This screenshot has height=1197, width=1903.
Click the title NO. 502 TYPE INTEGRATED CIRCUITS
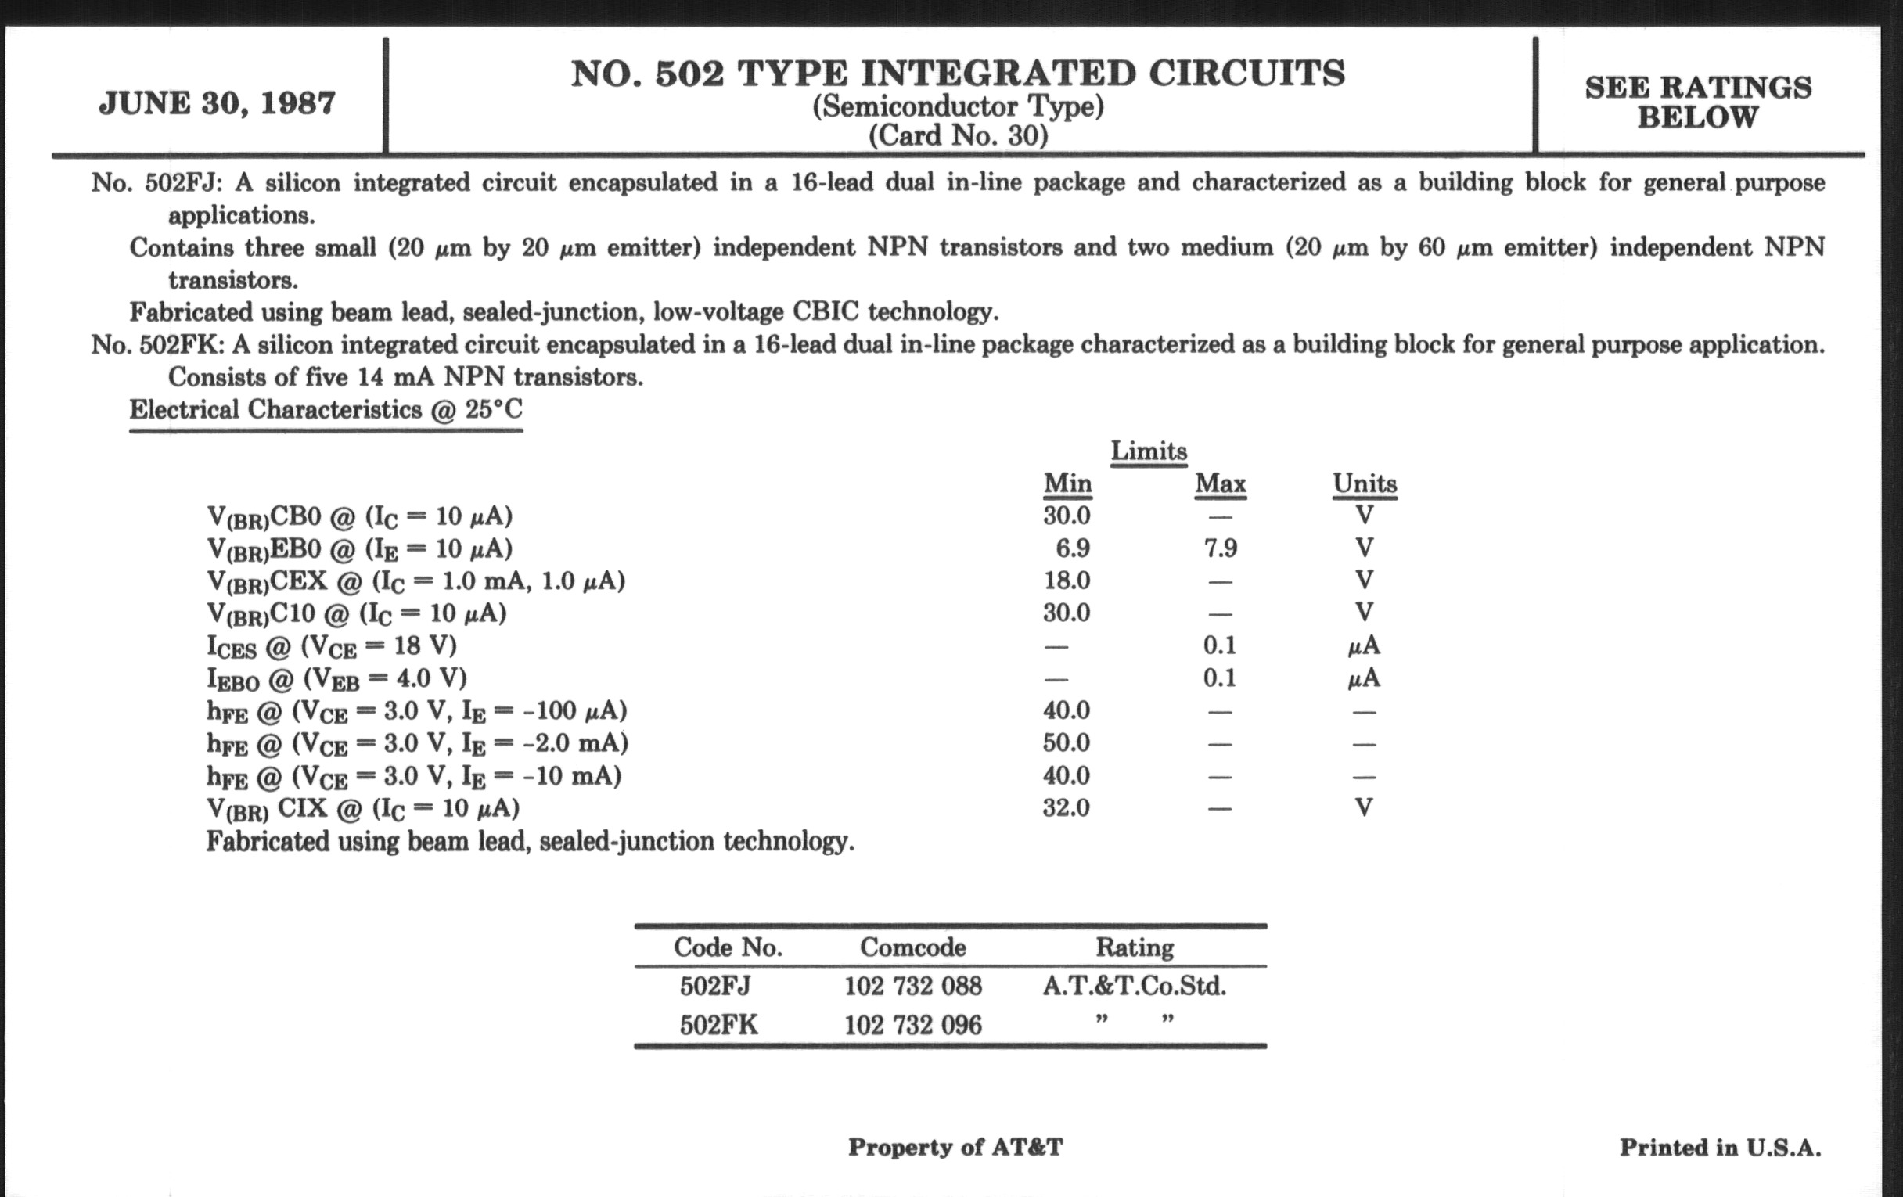coord(957,74)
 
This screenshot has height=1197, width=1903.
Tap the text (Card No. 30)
coord(958,136)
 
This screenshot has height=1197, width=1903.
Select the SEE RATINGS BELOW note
coord(1697,102)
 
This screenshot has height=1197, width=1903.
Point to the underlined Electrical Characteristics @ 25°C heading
coord(326,410)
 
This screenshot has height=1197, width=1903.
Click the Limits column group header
coord(1148,451)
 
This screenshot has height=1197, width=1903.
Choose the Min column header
coord(1067,483)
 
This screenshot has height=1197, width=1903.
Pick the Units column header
coord(1364,483)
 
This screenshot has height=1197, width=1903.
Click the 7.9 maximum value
coord(1220,548)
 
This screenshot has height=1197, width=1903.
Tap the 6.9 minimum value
coord(1073,548)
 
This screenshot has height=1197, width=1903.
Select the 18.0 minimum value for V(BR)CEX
coord(1067,581)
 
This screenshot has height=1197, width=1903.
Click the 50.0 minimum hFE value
coord(1066,742)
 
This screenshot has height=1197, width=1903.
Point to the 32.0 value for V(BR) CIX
coord(1066,807)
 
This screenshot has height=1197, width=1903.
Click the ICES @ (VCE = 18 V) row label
coord(332,647)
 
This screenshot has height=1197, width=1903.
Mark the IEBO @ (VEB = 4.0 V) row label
coord(336,680)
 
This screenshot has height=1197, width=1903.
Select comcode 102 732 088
coord(913,986)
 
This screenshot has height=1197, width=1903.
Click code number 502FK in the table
coord(718,1026)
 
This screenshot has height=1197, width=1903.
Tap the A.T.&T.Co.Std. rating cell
coord(1134,986)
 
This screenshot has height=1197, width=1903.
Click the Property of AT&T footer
coord(955,1147)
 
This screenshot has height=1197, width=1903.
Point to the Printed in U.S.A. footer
coord(1720,1147)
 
